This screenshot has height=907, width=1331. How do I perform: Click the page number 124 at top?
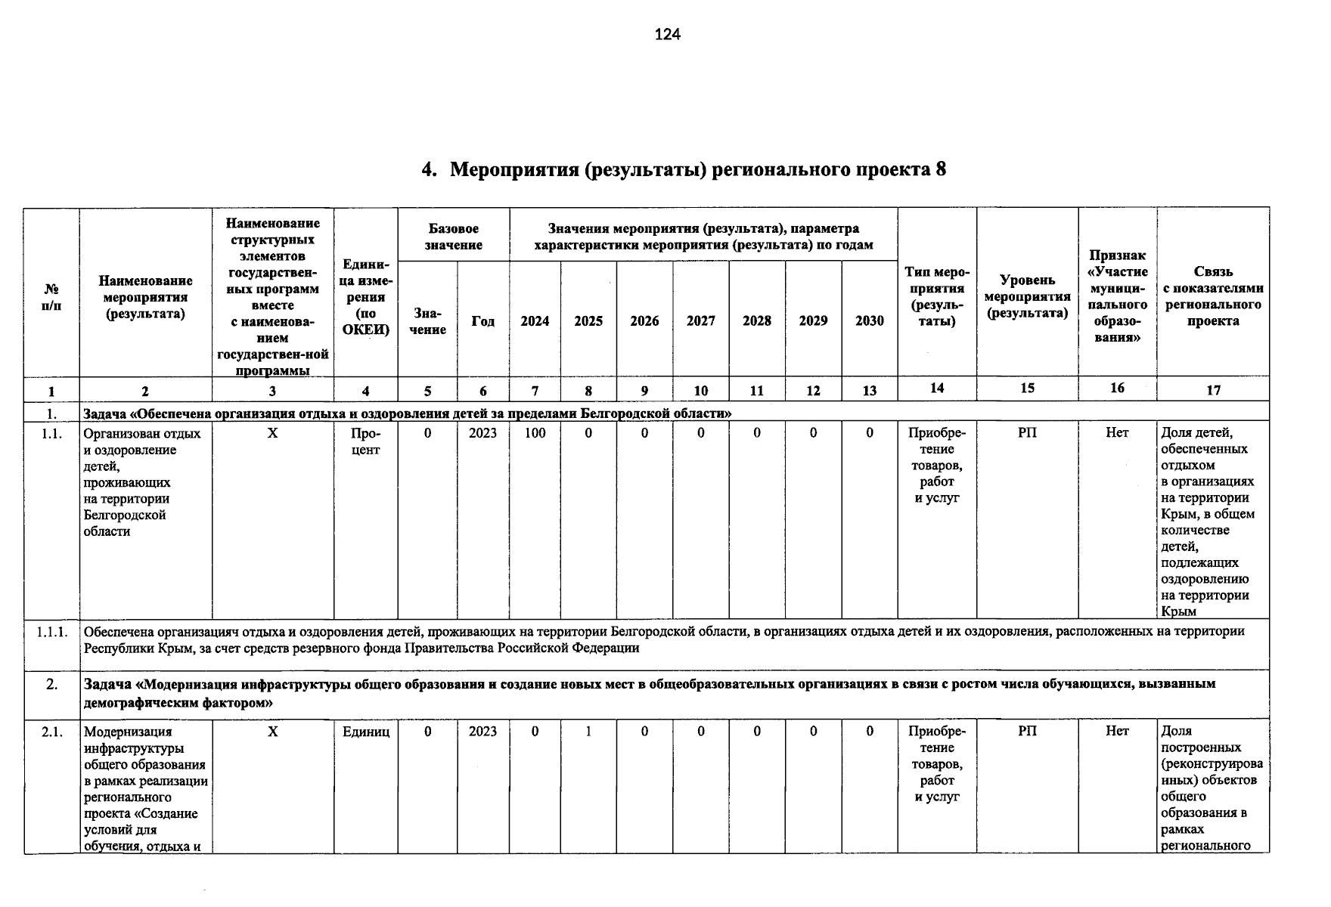(x=667, y=35)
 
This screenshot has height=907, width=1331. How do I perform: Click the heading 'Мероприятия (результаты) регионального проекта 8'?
(x=697, y=169)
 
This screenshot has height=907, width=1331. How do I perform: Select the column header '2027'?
(x=700, y=321)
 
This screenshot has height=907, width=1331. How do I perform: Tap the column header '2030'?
(x=869, y=321)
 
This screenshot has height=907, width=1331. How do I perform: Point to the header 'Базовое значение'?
(x=453, y=237)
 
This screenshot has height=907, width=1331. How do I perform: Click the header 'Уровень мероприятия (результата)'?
(x=1027, y=296)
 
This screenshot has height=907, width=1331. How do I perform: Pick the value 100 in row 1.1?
(x=535, y=433)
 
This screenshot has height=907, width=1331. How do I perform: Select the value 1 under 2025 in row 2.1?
(x=588, y=731)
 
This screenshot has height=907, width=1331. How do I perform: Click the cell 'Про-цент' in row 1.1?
(x=365, y=441)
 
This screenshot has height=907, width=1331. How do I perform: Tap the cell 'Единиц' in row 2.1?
(x=365, y=732)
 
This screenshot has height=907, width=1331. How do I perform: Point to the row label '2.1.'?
(x=52, y=732)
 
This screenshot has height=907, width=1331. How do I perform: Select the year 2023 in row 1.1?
(x=482, y=433)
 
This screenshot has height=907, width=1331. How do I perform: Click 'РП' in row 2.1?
(x=1027, y=731)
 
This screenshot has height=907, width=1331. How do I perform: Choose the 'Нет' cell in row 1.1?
(x=1116, y=433)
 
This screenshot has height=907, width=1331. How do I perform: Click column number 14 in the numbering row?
(x=936, y=388)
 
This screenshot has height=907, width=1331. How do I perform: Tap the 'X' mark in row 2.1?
(x=273, y=732)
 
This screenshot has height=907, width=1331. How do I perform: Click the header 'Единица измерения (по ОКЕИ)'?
(x=365, y=297)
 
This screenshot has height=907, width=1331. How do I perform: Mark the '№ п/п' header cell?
(x=51, y=297)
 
